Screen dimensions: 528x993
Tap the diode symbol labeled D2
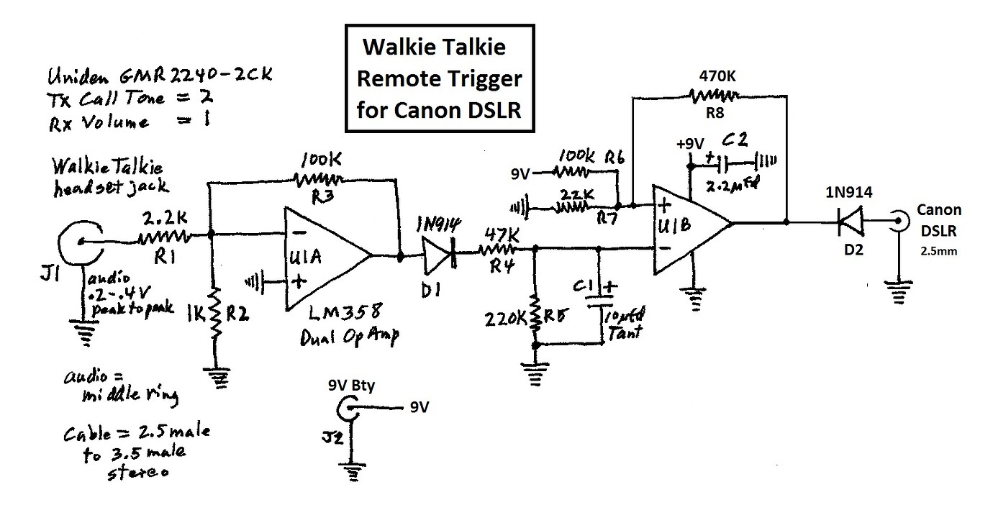852,223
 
